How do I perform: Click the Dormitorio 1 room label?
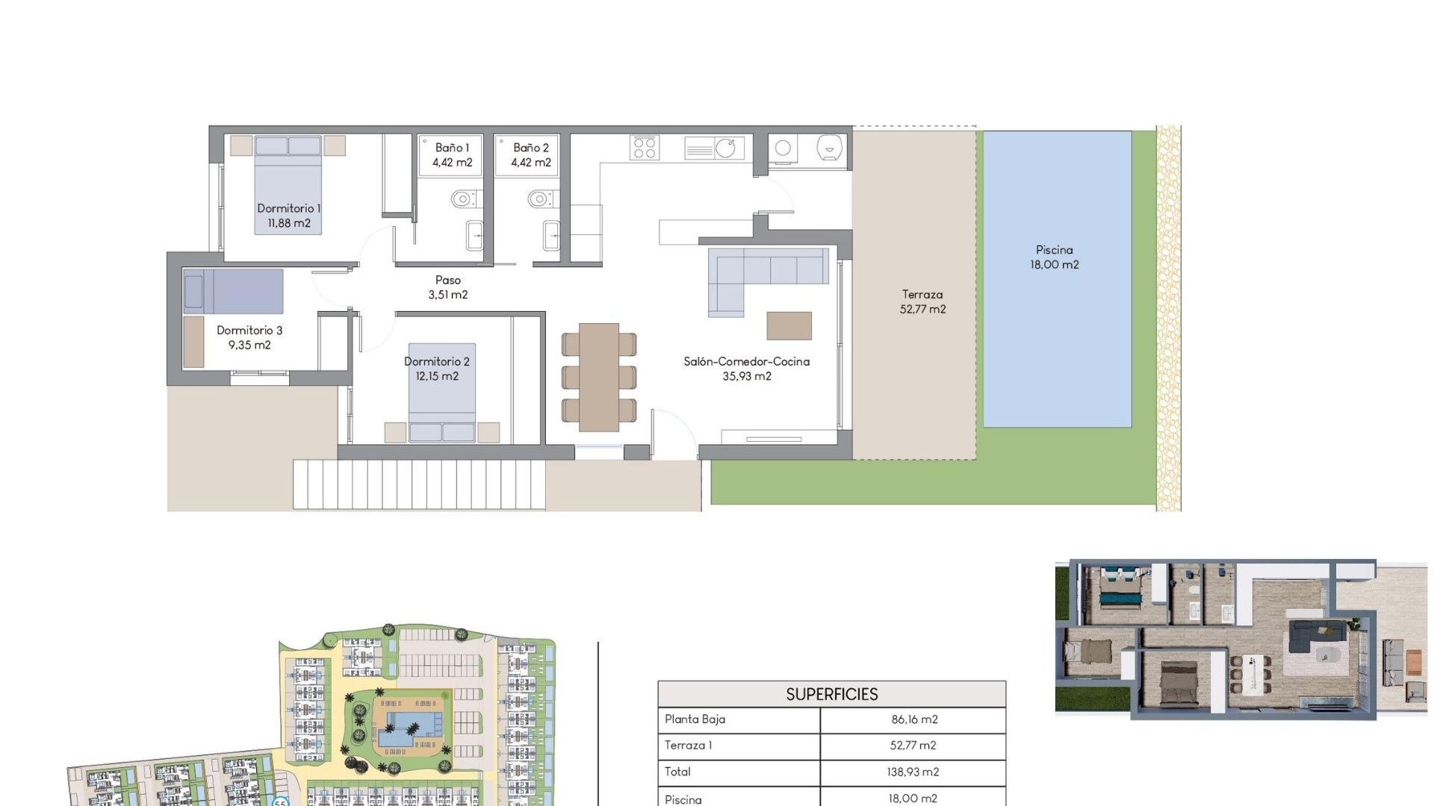click(x=288, y=216)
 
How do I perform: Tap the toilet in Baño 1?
click(x=463, y=199)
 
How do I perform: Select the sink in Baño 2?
click(x=551, y=236)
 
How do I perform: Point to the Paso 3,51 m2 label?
click(x=448, y=287)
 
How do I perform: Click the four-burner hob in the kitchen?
click(x=644, y=147)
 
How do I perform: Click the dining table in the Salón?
click(x=599, y=377)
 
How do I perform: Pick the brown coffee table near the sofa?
click(x=789, y=325)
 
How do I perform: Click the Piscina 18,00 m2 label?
click(x=1054, y=257)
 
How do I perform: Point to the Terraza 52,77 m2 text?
click(x=922, y=302)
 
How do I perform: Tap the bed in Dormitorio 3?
click(x=233, y=291)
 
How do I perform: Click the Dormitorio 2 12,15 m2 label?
click(x=437, y=369)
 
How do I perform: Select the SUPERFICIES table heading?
click(x=831, y=694)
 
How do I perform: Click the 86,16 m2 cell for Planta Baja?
click(x=913, y=719)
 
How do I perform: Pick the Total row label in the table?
click(x=677, y=772)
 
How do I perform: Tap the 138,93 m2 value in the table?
click(x=913, y=772)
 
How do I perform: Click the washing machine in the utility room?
click(x=783, y=148)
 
